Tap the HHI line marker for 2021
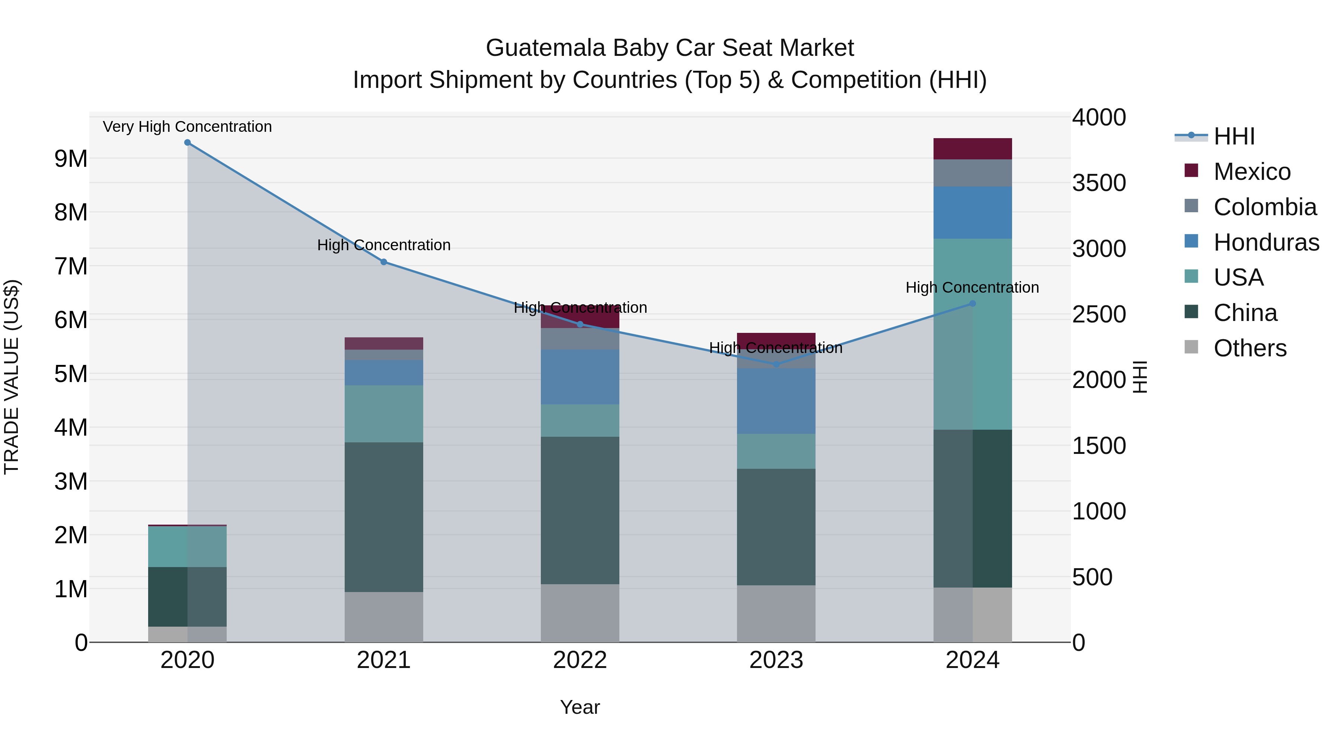tap(384, 262)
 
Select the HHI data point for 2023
tap(776, 364)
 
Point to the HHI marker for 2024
tap(973, 303)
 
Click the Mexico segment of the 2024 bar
tap(973, 149)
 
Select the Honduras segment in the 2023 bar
tap(776, 401)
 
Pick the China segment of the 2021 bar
tap(384, 517)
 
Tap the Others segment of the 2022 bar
tap(580, 613)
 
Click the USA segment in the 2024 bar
tap(973, 334)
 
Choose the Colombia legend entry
tap(1264, 207)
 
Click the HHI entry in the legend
tap(1234, 136)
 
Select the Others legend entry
tap(1250, 348)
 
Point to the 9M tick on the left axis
tap(71, 159)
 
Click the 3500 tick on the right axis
tap(1099, 183)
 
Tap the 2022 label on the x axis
tap(580, 660)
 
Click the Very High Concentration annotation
tap(187, 127)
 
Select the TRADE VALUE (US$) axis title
tap(12, 377)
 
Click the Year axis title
tap(580, 707)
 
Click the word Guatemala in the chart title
tap(546, 48)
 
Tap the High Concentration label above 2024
tap(972, 287)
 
